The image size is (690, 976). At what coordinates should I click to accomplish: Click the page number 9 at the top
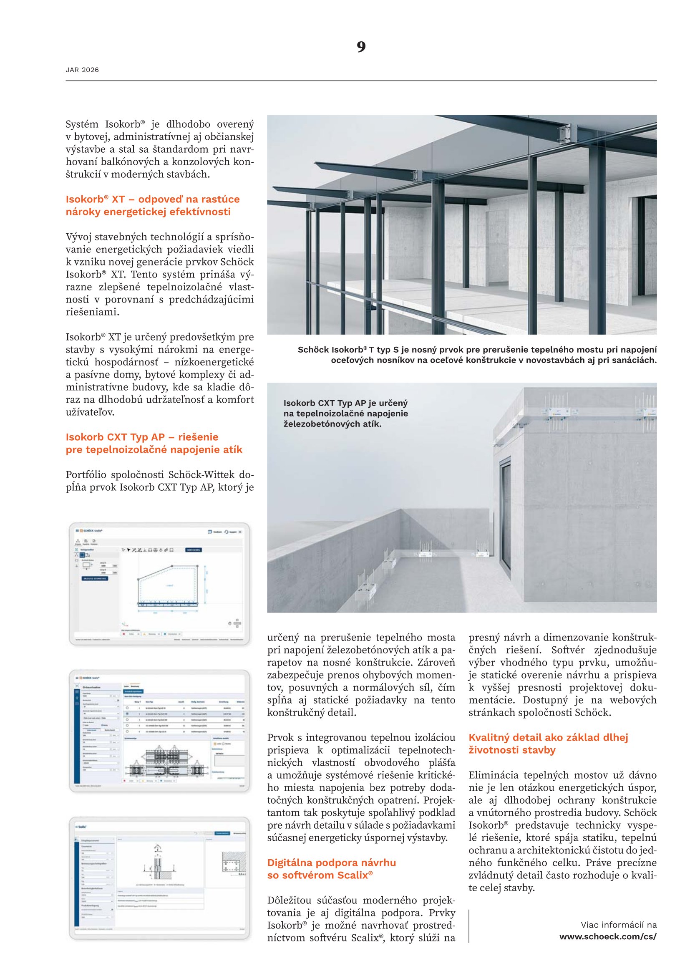(x=361, y=47)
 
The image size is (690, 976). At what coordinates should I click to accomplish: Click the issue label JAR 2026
(x=82, y=70)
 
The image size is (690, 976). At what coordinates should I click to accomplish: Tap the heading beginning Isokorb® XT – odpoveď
(x=153, y=205)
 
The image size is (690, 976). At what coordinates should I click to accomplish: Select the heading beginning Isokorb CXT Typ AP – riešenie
(x=154, y=443)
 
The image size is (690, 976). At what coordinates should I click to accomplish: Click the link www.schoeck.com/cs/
(x=607, y=936)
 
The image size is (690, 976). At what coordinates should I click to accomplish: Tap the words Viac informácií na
(x=618, y=925)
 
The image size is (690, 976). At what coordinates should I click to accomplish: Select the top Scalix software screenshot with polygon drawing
(x=159, y=584)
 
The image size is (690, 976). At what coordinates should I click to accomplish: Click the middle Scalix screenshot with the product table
(x=159, y=731)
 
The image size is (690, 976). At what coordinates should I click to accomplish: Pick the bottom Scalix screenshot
(x=159, y=878)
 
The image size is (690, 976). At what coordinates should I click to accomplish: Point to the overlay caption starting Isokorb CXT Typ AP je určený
(x=345, y=413)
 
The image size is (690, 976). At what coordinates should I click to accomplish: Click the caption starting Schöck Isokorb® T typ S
(x=477, y=355)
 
